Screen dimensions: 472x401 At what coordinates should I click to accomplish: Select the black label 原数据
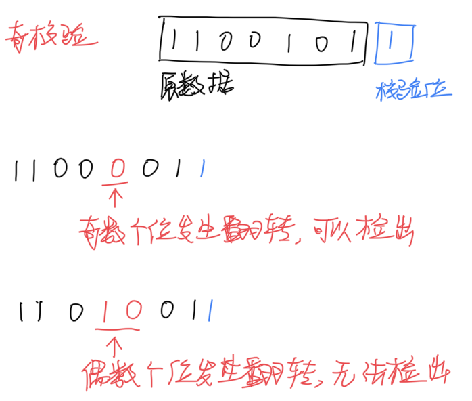coord(195,87)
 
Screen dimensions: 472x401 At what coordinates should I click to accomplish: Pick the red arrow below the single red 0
coord(116,198)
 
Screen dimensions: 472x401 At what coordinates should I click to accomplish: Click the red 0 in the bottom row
coord(131,313)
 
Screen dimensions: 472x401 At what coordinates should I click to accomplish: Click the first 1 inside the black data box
coord(175,41)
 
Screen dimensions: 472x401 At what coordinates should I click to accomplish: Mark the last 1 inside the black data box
coord(352,41)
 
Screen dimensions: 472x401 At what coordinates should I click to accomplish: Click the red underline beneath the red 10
coord(118,331)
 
